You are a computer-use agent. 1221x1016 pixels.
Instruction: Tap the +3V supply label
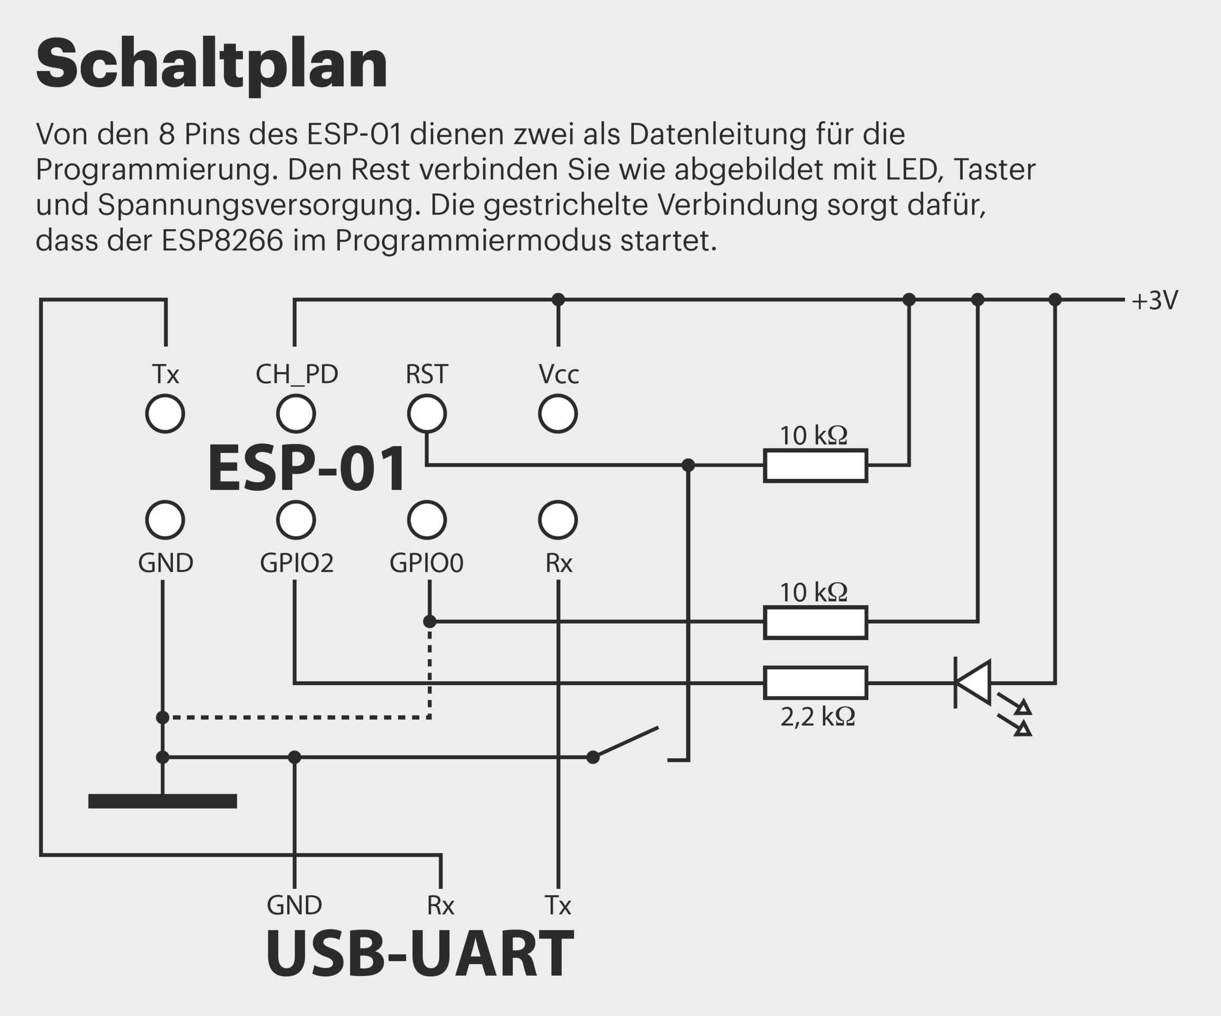(1155, 301)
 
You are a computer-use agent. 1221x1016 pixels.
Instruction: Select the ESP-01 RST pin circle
(427, 414)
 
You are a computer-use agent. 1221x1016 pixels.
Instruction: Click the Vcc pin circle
(558, 414)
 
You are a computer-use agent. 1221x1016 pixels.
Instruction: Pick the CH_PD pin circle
(296, 414)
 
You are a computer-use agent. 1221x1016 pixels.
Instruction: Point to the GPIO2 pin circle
(296, 520)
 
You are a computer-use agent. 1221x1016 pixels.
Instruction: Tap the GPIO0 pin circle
(427, 520)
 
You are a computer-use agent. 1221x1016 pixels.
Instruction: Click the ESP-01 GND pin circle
(165, 520)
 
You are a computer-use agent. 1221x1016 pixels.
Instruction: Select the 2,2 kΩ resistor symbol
(815, 682)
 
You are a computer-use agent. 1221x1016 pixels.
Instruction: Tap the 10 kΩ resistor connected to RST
(815, 465)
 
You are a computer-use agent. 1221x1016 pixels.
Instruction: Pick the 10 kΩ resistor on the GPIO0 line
(815, 622)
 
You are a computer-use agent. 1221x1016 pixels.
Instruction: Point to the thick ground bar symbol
(162, 801)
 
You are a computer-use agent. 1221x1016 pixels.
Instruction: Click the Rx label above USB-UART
(440, 905)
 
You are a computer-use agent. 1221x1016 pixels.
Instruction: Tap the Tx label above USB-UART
(558, 905)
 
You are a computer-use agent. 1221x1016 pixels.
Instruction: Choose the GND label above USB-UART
(294, 905)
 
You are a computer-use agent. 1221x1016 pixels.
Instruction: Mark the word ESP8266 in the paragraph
(222, 241)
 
